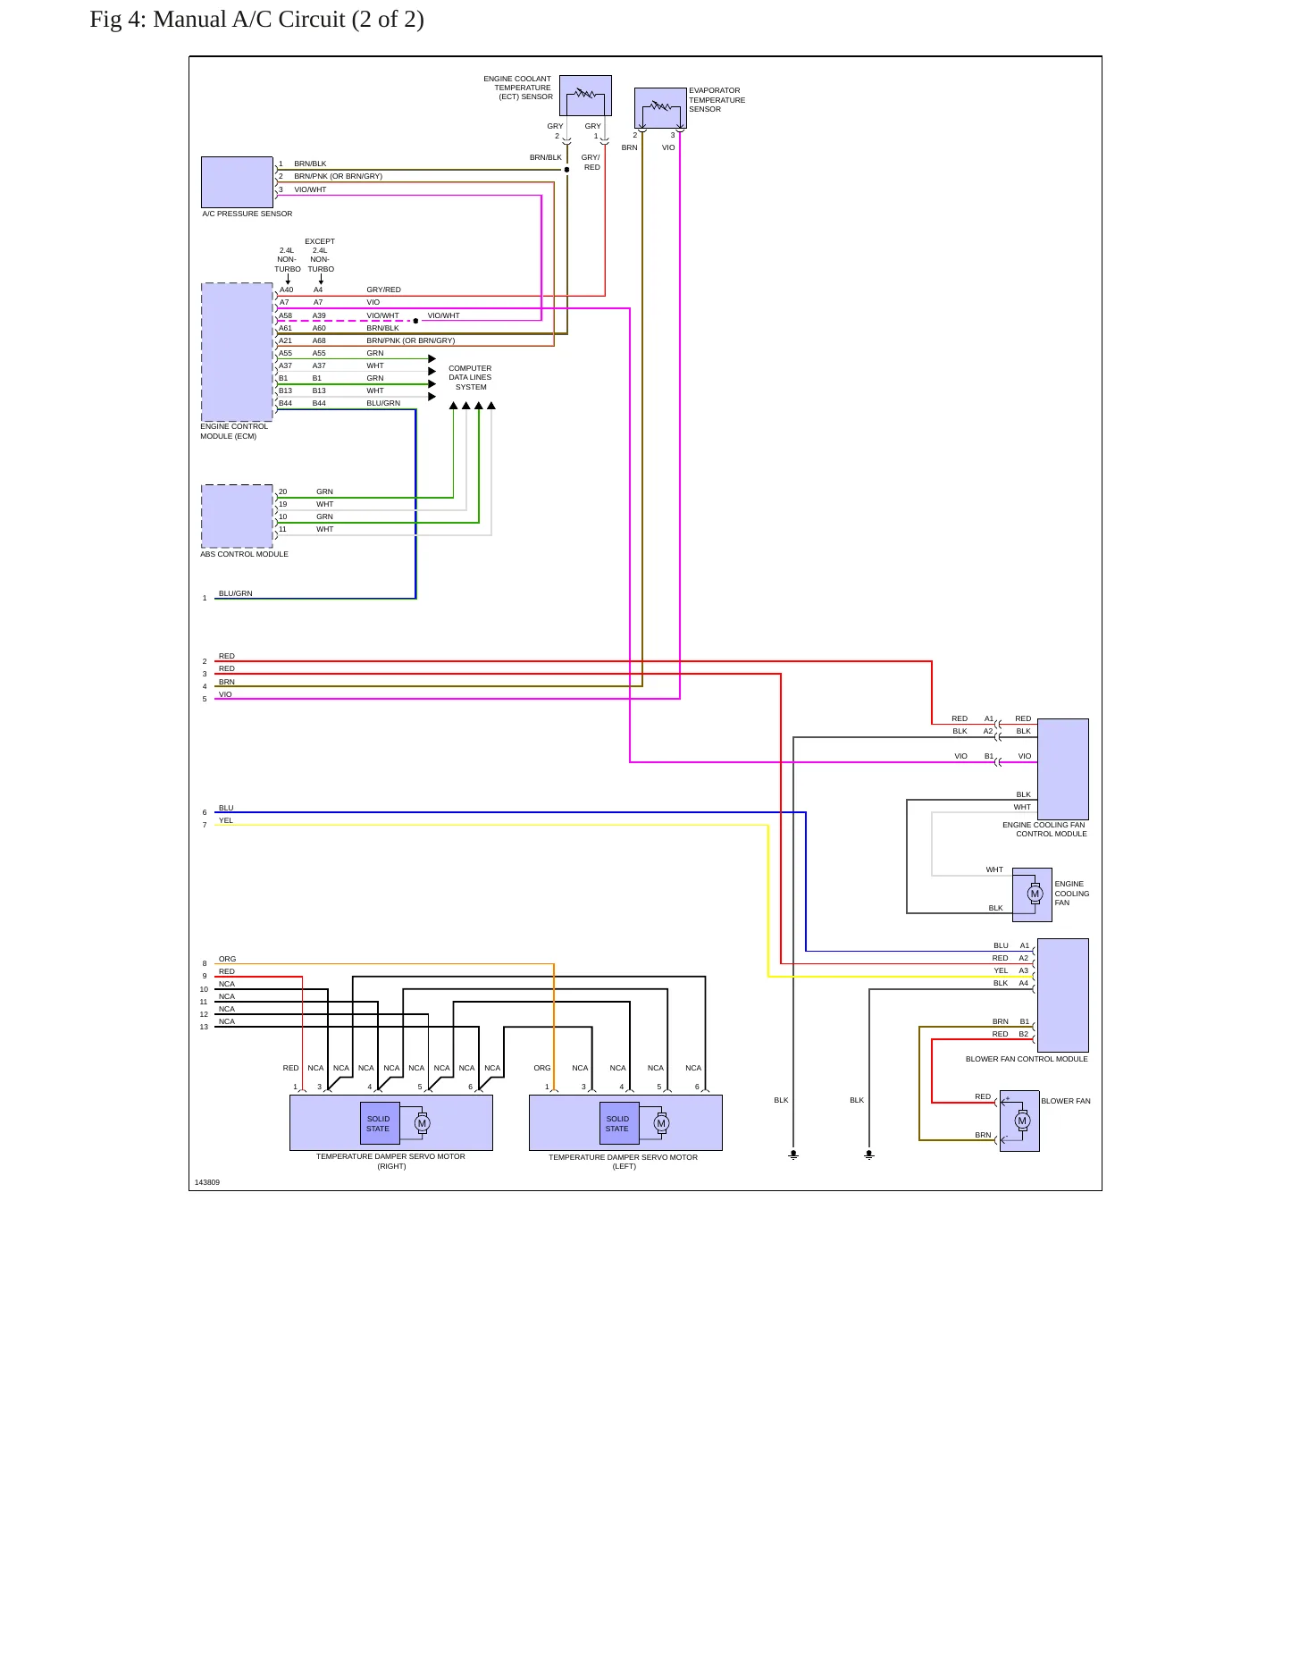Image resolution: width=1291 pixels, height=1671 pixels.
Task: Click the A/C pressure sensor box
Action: point(237,182)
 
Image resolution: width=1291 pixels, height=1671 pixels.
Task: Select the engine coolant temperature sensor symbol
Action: point(585,96)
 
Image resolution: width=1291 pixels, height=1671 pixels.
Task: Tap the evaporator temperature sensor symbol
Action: point(660,108)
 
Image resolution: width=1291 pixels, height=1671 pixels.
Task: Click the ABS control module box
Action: point(237,516)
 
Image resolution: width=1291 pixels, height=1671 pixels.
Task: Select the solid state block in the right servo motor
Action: point(378,1123)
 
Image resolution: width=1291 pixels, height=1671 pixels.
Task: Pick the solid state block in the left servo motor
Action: point(617,1123)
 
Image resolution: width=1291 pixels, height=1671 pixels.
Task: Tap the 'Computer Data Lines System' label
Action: point(470,377)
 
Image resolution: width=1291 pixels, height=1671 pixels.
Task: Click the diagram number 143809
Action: point(207,1182)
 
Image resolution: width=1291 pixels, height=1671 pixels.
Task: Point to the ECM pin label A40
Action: point(286,290)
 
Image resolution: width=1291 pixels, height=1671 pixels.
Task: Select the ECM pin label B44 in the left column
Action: point(285,403)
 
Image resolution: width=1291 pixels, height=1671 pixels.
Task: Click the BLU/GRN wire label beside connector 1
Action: point(236,593)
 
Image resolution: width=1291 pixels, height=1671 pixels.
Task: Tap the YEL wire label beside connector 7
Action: point(226,820)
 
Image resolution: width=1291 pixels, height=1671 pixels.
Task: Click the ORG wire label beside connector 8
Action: point(228,959)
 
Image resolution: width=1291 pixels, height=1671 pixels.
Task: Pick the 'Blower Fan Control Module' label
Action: point(1027,1059)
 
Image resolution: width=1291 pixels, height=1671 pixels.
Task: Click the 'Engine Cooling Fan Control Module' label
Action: point(1044,829)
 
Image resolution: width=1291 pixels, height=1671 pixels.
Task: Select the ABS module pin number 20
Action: point(283,491)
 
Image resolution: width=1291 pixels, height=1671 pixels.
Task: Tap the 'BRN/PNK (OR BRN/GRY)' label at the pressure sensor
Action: point(338,176)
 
